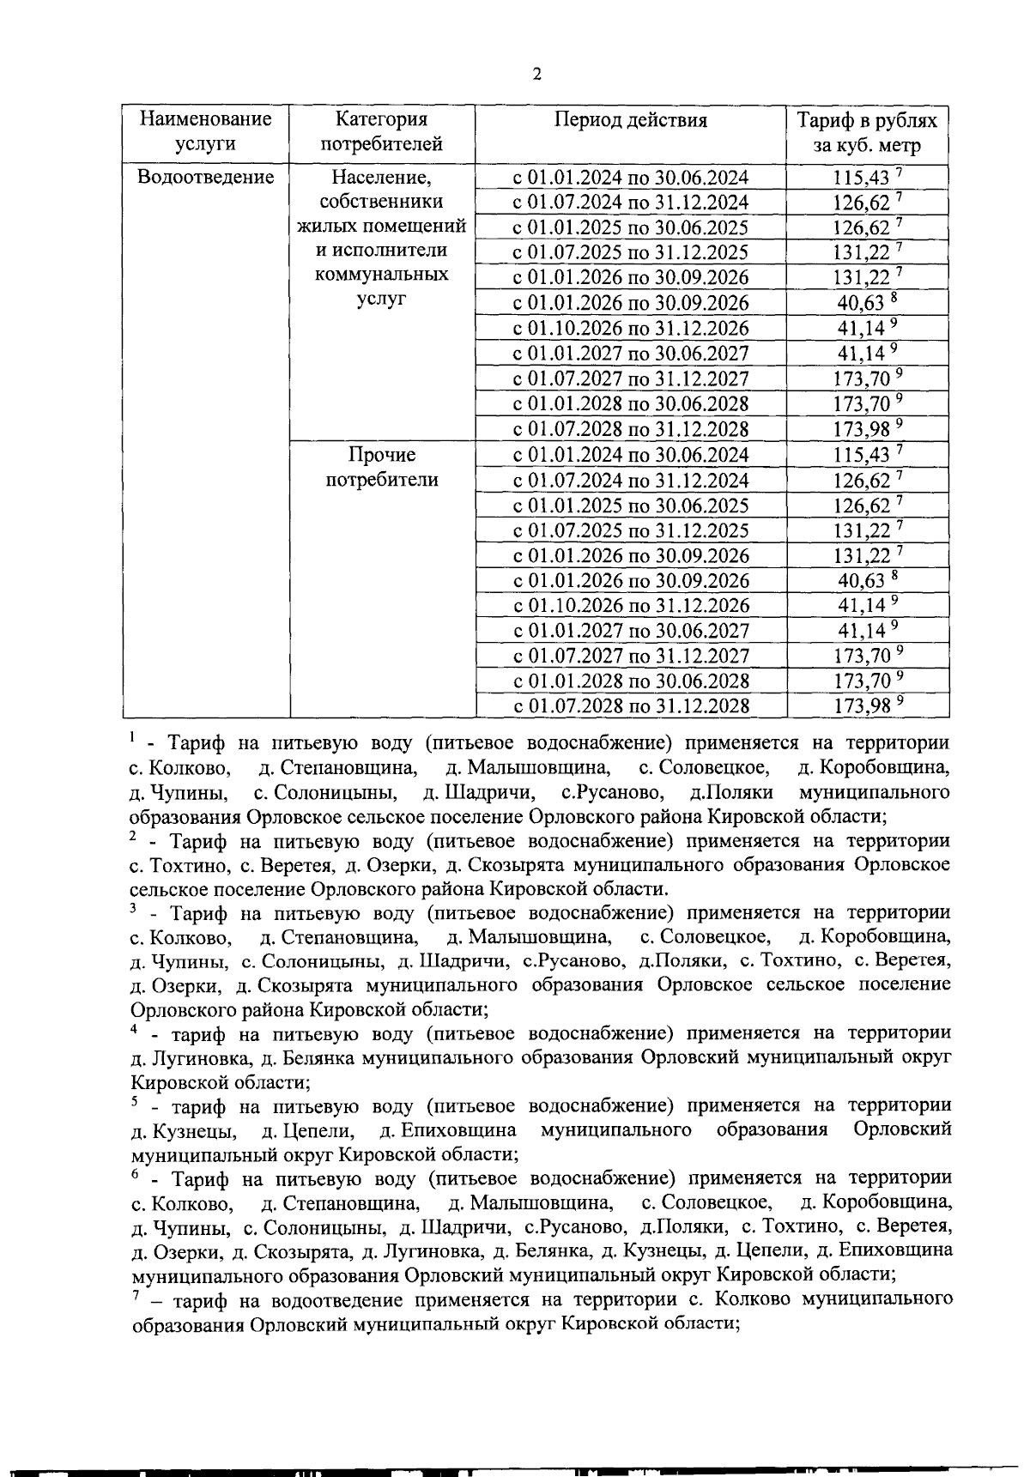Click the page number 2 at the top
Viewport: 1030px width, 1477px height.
coord(536,75)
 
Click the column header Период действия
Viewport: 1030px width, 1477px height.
coord(630,120)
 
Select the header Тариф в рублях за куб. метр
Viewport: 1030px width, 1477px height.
coord(867,132)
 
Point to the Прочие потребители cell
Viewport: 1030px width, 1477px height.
coord(381,467)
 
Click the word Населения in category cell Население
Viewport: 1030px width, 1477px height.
coord(381,178)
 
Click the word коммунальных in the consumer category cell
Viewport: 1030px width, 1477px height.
coord(381,275)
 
